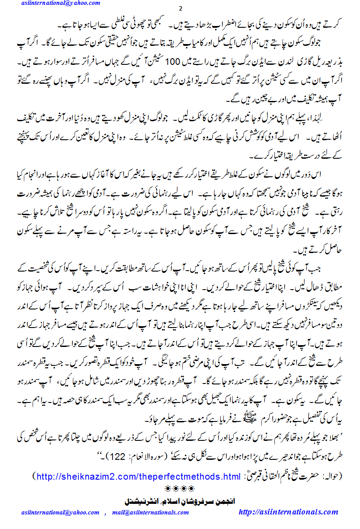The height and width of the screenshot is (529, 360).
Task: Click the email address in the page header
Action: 60,3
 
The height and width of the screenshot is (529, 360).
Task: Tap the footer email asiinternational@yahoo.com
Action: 60,513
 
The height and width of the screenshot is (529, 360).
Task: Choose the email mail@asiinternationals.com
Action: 150,513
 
